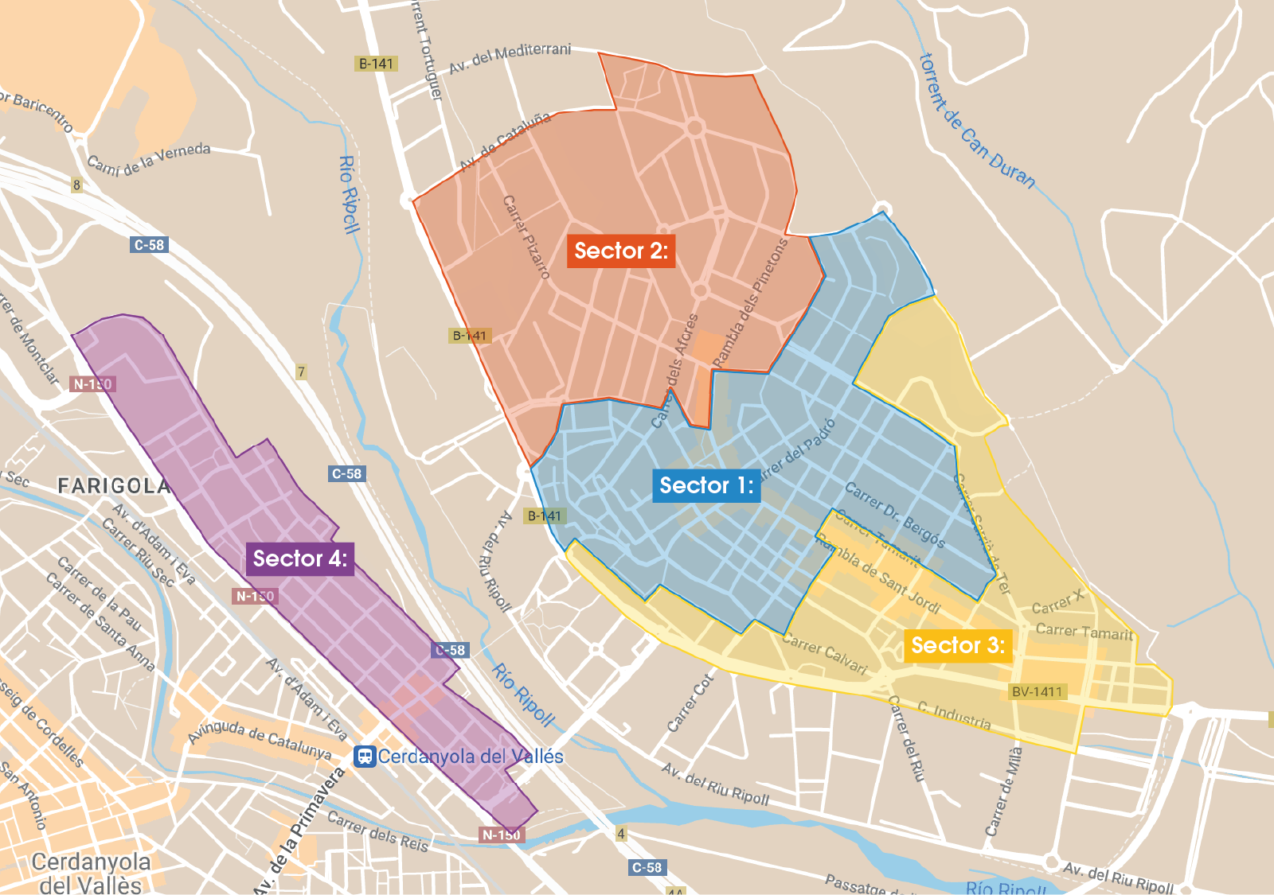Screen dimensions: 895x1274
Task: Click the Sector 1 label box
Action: [706, 485]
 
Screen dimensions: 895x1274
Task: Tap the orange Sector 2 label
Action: [621, 251]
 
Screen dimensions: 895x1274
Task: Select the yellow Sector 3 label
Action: [958, 645]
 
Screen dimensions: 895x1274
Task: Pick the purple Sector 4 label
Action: [300, 558]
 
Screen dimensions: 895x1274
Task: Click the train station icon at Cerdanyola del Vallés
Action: [365, 757]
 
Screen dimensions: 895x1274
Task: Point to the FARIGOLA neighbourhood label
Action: [114, 486]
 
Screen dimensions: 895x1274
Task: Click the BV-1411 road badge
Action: [1037, 691]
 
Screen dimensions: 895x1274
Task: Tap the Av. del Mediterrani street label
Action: [510, 58]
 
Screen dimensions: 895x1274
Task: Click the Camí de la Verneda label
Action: [149, 158]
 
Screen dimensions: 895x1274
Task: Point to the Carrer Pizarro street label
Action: [526, 237]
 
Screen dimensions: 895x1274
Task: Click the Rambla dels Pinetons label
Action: [749, 303]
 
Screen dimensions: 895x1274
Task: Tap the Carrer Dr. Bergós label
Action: [894, 515]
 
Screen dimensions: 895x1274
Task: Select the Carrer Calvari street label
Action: [824, 653]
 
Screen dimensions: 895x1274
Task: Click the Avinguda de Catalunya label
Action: [260, 739]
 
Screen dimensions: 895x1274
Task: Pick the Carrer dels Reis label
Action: [377, 831]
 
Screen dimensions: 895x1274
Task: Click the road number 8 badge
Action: [76, 185]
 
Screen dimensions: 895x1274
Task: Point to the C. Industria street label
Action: [954, 715]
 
